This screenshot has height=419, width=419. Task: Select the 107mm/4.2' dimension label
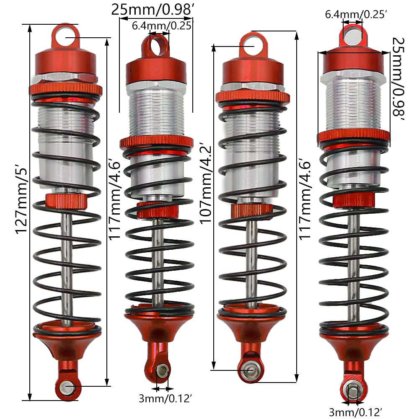point(206,184)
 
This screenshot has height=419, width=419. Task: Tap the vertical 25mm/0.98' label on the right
point(398,79)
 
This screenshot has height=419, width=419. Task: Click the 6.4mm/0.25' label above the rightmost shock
point(356,14)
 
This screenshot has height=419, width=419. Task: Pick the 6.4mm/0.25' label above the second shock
point(162,26)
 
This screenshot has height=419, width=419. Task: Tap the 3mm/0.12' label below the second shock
point(166,398)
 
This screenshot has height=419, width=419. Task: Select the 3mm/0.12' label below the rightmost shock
point(356,412)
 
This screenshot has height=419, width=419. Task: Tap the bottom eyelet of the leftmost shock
point(66,387)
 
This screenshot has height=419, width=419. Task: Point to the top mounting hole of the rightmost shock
point(352,36)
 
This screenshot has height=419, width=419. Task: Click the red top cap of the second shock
point(156,72)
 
